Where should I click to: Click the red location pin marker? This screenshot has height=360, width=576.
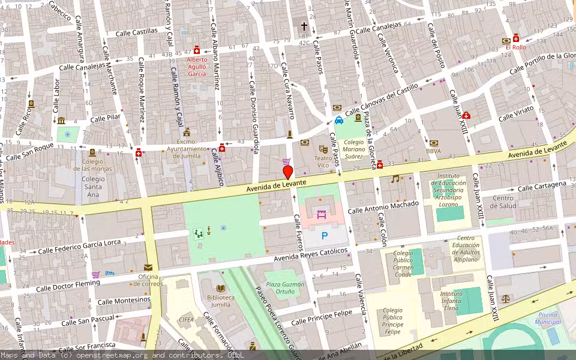(287, 173)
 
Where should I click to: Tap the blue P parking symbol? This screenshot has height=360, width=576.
(325, 236)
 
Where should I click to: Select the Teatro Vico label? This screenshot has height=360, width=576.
(323, 161)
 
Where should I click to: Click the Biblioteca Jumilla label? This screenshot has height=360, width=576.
(220, 301)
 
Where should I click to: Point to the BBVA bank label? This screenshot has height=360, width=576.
(433, 151)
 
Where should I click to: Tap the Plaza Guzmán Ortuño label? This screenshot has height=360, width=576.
(285, 288)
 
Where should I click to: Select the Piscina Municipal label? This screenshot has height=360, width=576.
(547, 318)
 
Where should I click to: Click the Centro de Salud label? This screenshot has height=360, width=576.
(503, 202)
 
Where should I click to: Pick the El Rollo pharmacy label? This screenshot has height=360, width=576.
(515, 47)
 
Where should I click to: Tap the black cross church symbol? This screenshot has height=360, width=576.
(304, 26)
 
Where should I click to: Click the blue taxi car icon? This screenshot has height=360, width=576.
(339, 119)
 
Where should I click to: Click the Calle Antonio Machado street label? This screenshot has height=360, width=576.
(384, 208)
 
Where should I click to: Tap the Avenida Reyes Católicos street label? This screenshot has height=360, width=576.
(311, 255)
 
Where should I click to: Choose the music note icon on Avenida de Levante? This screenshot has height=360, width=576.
(395, 179)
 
